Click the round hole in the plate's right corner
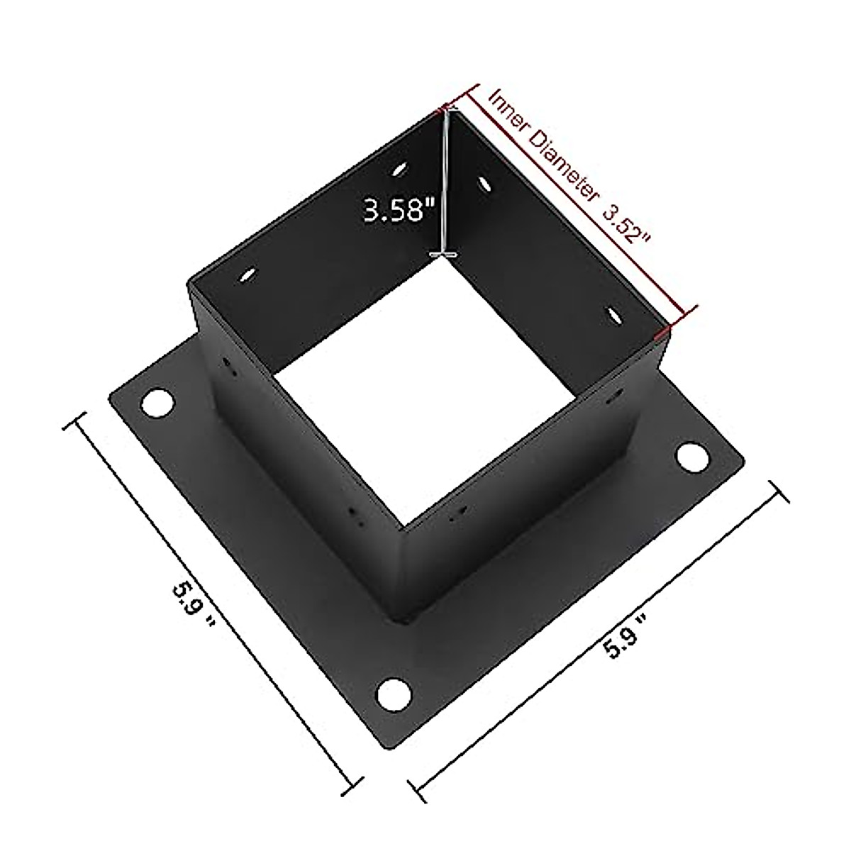click(x=686, y=457)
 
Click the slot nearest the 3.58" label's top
click(x=400, y=169)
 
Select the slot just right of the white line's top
click(x=485, y=184)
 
